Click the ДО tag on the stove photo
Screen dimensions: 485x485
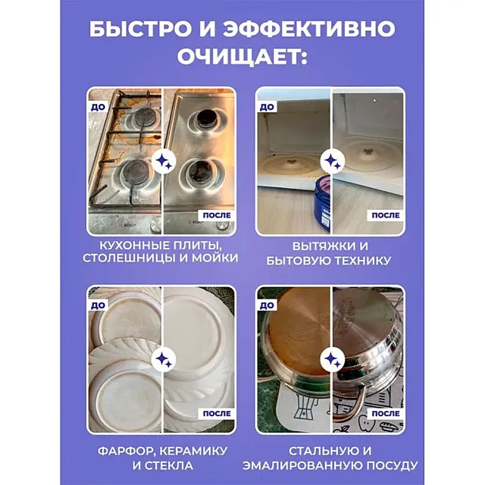[98, 108]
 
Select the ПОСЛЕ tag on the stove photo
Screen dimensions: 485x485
[217, 215]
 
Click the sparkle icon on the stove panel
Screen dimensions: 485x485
[164, 161]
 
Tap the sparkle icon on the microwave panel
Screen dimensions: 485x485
[332, 161]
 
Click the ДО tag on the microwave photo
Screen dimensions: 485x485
[267, 108]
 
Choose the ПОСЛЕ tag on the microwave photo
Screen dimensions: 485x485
[386, 215]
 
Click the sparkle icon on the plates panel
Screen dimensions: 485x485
[164, 359]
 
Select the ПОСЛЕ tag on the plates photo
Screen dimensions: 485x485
[217, 414]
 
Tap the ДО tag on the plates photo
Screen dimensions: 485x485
[98, 305]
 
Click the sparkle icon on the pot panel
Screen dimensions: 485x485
[332, 359]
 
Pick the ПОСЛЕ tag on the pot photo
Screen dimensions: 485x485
[386, 414]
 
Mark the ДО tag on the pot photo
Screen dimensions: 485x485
[267, 305]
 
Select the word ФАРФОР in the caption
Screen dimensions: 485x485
[125, 452]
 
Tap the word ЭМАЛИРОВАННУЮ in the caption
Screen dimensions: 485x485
[301, 465]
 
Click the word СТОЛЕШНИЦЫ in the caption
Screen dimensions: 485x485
[129, 258]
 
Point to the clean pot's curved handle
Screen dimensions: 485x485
[349, 402]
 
